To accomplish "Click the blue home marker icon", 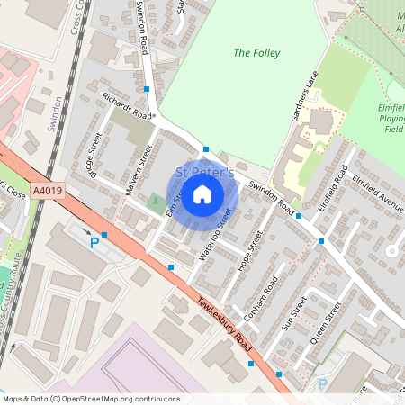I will (202, 193).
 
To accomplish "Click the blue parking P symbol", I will (94, 242).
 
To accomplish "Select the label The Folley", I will (256, 53).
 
